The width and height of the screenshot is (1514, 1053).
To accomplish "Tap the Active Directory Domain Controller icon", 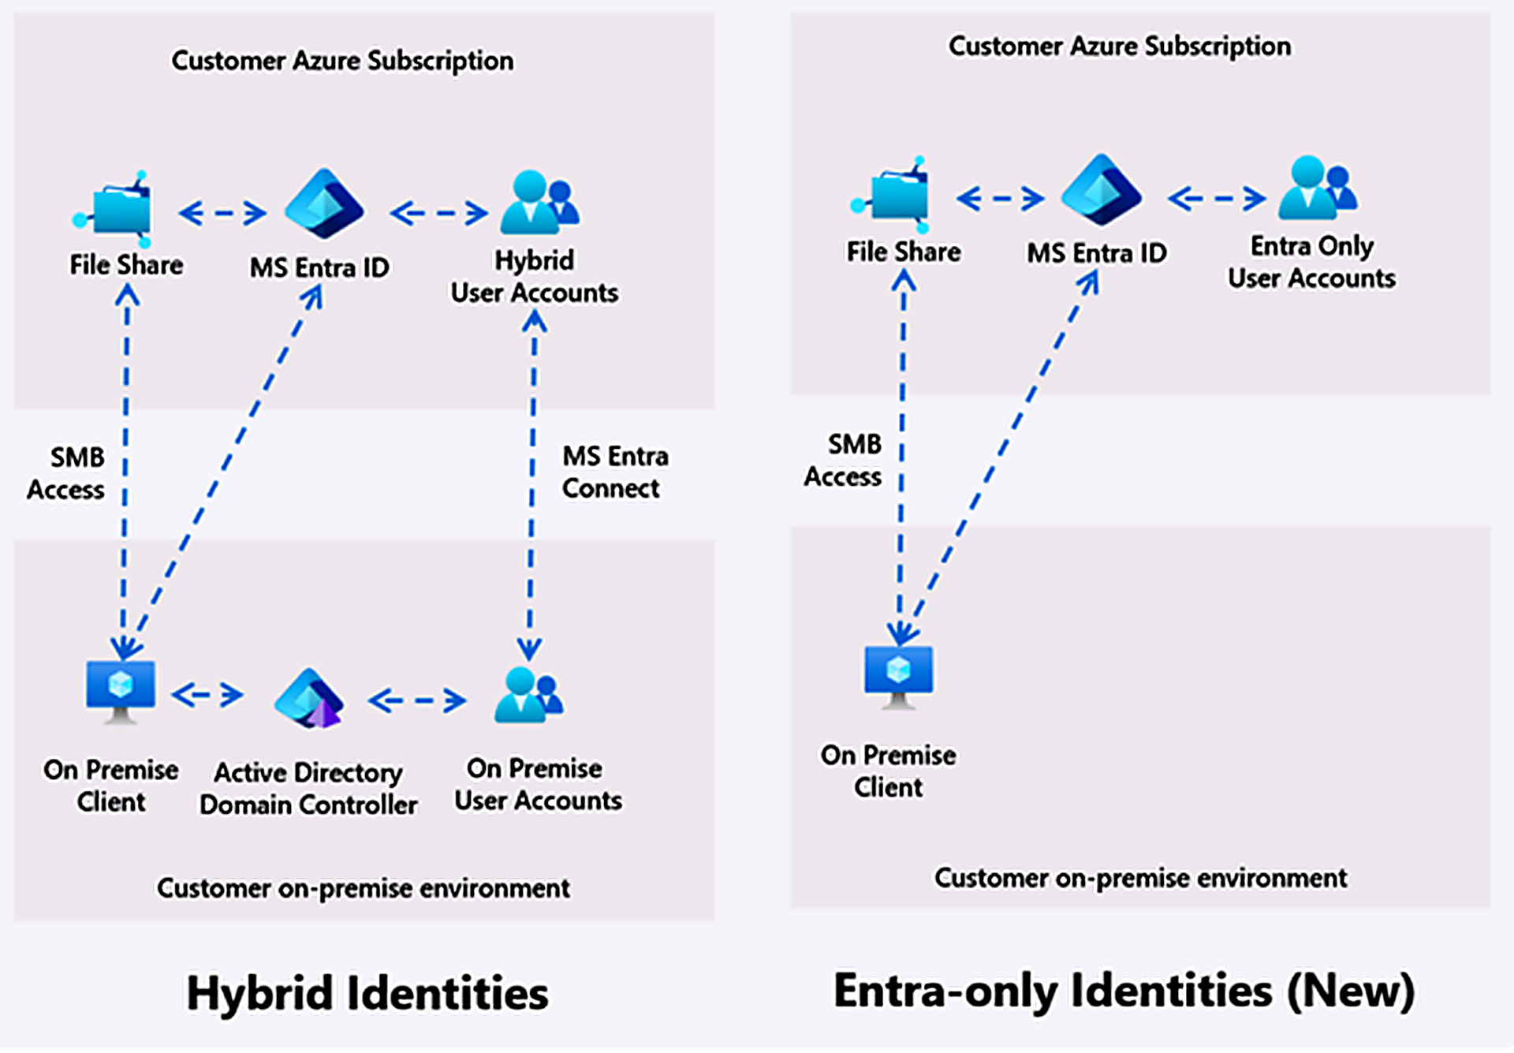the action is coord(309,699).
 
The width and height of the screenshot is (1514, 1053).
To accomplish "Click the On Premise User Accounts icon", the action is coord(529,695).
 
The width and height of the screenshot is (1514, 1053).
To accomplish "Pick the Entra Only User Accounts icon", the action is coord(1318,188).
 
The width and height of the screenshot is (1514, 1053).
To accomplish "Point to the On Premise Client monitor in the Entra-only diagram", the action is coord(899,677).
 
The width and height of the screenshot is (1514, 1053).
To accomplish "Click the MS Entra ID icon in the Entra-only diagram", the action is coord(1102,190).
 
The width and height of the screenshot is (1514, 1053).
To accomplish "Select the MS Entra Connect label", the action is coord(615,472).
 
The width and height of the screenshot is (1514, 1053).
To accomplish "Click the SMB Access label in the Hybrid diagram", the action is coord(66,473).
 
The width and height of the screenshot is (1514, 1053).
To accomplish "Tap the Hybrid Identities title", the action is coord(367,992).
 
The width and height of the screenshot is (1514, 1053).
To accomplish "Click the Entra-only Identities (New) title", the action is coord(1124,991).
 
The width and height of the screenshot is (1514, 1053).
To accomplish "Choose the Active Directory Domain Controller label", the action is coord(308,788).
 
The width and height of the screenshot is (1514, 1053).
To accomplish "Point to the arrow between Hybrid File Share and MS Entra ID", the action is coord(222,213).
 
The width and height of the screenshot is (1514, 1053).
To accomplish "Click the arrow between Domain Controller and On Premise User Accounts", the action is coord(417,700).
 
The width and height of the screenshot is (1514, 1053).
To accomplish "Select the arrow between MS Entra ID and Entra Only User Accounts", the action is coord(1217,199).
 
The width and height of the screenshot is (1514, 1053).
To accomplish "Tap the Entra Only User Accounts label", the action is coord(1312,262).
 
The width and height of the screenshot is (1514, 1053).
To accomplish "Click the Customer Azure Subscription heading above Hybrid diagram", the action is coord(342,61).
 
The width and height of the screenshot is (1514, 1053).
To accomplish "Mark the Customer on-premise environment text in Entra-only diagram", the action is coord(1141,878).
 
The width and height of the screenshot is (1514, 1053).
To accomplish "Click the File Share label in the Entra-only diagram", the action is coord(904,252).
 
